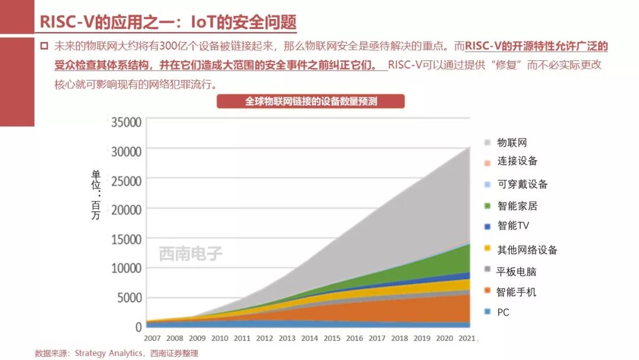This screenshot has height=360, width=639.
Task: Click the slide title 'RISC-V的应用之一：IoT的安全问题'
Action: click(167, 22)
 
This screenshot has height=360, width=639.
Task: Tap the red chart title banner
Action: click(311, 101)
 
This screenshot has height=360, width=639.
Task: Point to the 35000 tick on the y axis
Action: click(127, 123)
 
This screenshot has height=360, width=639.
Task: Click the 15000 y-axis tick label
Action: click(127, 239)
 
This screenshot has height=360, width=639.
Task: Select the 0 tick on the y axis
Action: click(138, 327)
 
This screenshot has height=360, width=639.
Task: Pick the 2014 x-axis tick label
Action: click(309, 338)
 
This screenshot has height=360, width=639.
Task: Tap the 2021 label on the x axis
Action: click(466, 338)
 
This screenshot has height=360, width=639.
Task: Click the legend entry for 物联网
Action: click(512, 143)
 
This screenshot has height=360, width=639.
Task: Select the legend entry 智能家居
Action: click(517, 206)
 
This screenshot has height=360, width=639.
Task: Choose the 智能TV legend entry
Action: click(513, 226)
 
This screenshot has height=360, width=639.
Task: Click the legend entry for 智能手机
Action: click(517, 292)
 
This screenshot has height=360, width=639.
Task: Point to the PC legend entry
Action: click(503, 312)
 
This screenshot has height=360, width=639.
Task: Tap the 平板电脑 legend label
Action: click(517, 271)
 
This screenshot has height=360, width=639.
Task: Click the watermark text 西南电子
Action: click(191, 254)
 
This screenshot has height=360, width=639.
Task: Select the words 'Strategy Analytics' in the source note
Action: click(108, 353)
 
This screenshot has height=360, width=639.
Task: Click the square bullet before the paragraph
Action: click(44, 46)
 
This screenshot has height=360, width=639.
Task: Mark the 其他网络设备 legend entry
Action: click(527, 250)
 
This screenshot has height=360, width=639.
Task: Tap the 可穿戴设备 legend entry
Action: click(522, 184)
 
